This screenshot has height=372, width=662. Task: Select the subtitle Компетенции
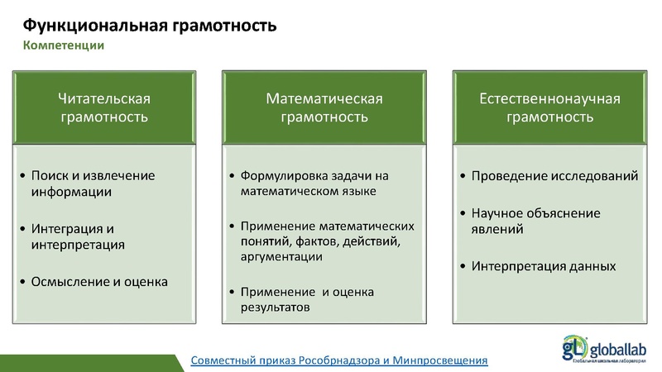pyautogui.click(x=63, y=45)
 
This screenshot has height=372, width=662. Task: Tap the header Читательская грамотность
pyautogui.click(x=104, y=107)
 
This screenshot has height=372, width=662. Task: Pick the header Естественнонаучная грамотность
pyautogui.click(x=549, y=107)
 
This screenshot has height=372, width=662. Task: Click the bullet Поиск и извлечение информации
pyautogui.click(x=92, y=184)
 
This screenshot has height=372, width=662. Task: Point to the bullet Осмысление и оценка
pyautogui.click(x=98, y=282)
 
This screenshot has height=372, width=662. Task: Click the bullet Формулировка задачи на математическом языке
pyautogui.click(x=314, y=184)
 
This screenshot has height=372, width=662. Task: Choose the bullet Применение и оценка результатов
pyautogui.click(x=307, y=299)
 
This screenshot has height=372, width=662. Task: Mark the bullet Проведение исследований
pyautogui.click(x=554, y=176)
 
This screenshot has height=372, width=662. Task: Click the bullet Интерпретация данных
pyautogui.click(x=543, y=266)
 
